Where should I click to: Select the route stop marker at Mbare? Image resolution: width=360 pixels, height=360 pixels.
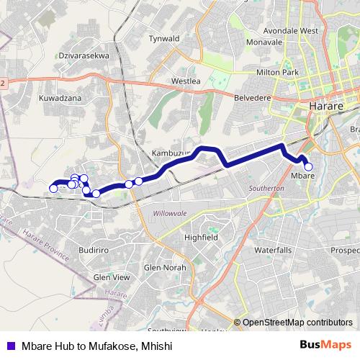(x=309, y=167)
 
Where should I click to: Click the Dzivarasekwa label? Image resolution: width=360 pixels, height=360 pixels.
(x=84, y=54)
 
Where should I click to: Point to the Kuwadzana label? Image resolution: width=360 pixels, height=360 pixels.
(x=60, y=97)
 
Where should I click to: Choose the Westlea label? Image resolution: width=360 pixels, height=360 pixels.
(x=185, y=82)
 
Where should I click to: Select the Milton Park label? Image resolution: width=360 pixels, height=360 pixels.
(x=277, y=73)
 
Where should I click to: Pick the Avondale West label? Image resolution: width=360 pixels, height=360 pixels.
(x=291, y=31)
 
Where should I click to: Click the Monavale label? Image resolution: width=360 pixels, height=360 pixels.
(x=264, y=42)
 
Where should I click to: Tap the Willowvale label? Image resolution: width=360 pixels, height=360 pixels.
(x=170, y=214)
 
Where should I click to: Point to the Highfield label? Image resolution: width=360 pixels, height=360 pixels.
(x=201, y=237)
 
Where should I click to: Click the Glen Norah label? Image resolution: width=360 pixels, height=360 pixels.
(x=165, y=268)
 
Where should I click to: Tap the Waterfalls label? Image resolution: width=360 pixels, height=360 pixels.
(x=273, y=250)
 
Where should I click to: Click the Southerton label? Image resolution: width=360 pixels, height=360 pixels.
(x=267, y=188)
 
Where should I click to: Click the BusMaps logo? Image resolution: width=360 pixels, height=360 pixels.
(x=325, y=345)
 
